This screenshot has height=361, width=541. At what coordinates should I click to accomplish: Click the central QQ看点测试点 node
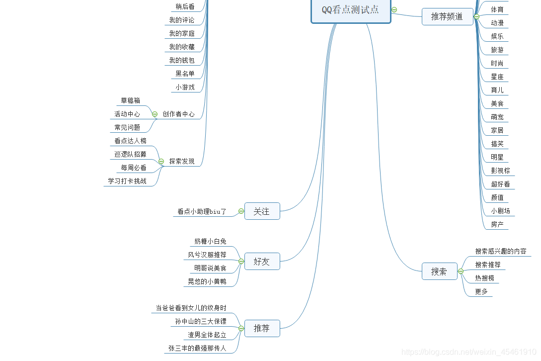tap(351, 10)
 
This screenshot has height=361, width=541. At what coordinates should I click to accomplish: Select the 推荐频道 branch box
tap(447, 16)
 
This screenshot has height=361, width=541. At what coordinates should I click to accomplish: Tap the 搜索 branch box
tap(439, 271)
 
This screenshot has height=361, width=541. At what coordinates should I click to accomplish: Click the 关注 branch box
tap(262, 211)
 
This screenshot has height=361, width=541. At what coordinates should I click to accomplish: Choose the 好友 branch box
tap(262, 262)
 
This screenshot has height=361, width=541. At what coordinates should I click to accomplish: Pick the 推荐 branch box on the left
tap(262, 328)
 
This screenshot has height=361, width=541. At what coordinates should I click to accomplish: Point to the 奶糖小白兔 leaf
tap(210, 242)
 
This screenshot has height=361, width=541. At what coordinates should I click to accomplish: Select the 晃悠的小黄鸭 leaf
tap(207, 282)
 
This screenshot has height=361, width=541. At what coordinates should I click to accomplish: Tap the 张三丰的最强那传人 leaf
tap(197, 349)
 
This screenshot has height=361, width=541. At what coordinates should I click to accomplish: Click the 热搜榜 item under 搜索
tap(484, 278)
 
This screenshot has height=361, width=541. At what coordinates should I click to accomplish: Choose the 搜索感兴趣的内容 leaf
tap(501, 252)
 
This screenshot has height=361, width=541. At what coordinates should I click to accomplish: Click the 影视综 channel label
tap(500, 171)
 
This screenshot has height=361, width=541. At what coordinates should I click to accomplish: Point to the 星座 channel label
tap(497, 77)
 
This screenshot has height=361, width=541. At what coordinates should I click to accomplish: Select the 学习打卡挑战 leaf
tap(127, 181)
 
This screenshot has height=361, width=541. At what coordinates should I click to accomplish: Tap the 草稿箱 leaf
tap(131, 100)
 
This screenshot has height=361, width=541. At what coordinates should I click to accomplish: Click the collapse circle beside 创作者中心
tap(155, 114)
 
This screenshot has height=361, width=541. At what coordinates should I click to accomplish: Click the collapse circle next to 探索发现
tap(161, 161)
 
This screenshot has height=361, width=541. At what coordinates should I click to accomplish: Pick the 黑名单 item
tap(185, 74)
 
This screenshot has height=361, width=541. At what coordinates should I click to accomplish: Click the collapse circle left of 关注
tap(241, 211)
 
